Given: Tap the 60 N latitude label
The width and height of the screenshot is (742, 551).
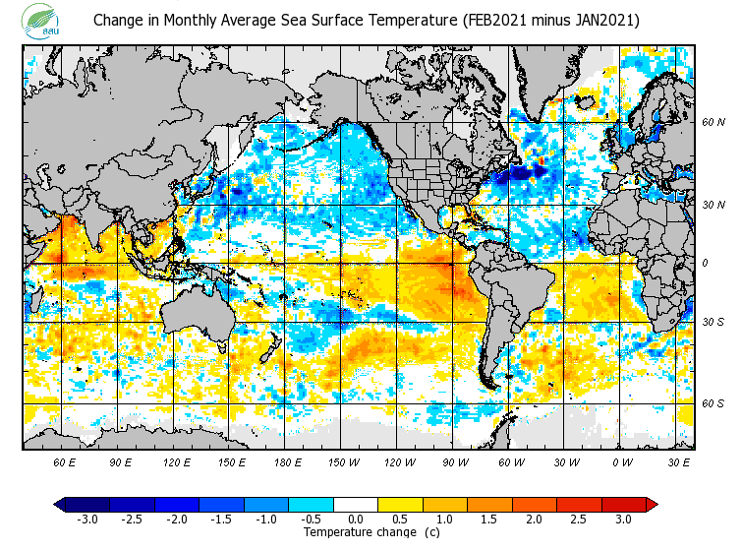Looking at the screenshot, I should pos(713,123).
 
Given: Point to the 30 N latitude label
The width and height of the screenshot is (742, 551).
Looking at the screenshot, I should pos(713,205).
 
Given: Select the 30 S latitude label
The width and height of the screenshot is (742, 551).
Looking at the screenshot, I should pos(713,322).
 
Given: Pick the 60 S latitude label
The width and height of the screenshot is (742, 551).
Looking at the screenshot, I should pos(713,403).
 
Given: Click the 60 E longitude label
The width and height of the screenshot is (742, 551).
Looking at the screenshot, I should pos(65,460).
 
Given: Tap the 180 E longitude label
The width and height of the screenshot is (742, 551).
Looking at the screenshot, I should pos(287,460).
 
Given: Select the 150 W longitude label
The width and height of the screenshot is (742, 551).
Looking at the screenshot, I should pos(342,460).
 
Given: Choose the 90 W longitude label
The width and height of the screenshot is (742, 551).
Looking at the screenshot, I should pos(453,460).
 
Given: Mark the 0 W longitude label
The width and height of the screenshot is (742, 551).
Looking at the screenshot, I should pos(621,460).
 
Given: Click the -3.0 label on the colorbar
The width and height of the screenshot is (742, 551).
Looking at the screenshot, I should pos(87,520).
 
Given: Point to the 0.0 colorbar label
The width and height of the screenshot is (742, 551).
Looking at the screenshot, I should pos(356,520).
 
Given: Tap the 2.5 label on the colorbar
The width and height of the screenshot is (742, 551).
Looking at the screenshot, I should pos(580,520).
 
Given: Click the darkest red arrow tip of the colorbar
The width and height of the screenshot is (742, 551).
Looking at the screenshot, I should pos(651,504).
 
